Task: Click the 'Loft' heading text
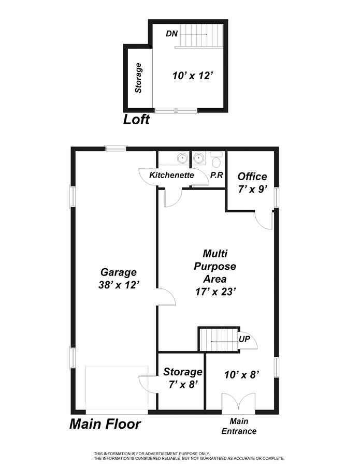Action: point(136,120)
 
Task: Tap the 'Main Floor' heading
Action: point(105,425)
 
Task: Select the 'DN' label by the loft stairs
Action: point(172,34)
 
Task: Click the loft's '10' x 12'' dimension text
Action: point(193,76)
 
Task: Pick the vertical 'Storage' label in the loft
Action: point(138,78)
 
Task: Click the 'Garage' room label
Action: point(118,272)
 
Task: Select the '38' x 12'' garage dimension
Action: point(118,284)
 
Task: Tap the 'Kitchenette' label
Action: point(171,176)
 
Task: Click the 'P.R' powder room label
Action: point(217,176)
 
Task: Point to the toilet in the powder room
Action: point(217,158)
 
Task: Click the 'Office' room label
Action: point(252,177)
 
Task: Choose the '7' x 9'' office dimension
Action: point(252,189)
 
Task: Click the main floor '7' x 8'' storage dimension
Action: point(182,385)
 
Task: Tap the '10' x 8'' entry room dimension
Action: point(241,374)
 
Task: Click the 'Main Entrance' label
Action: point(239,426)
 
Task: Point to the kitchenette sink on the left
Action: point(182,157)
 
